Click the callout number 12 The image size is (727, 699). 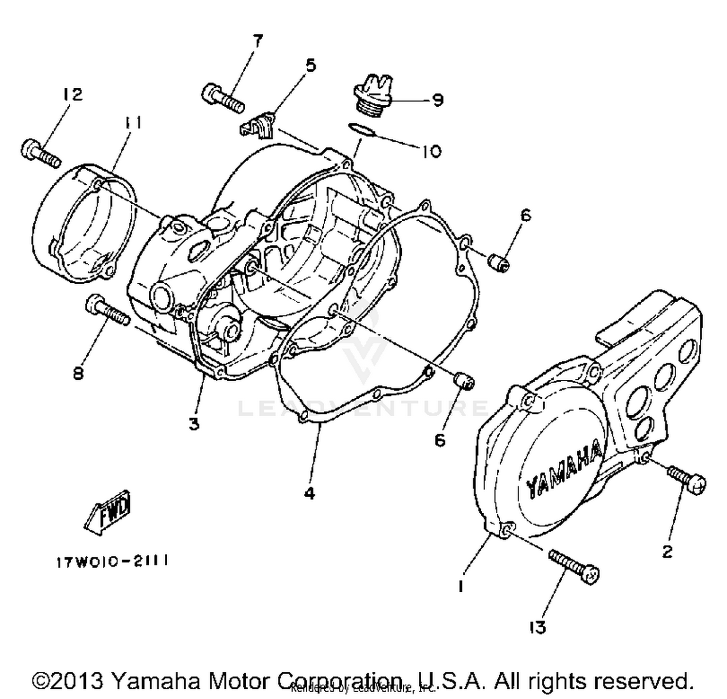[72, 94]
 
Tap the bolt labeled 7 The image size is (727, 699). [222, 98]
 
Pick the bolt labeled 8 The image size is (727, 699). [107, 310]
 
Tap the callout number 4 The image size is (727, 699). [310, 493]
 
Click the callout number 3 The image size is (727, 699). [194, 423]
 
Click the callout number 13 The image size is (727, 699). [537, 627]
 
